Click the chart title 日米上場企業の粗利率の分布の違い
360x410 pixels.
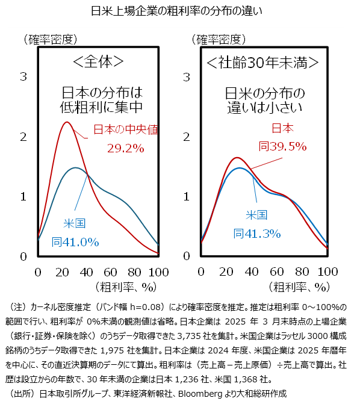tap(176, 11)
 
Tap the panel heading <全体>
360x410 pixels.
tap(98, 61)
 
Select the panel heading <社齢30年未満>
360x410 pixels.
tap(262, 63)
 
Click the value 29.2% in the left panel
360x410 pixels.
tap(125, 149)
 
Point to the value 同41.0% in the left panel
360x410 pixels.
tap(75, 242)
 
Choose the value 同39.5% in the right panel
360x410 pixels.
tap(282, 146)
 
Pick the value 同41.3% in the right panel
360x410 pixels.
tap(257, 234)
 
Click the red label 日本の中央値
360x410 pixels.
tap(126, 129)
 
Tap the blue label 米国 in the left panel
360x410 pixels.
tap(75, 223)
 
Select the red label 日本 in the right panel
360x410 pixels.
tap(282, 128)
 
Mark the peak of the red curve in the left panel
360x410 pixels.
tap(67, 122)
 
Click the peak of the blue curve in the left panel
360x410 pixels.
tap(76, 167)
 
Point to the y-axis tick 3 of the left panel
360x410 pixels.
tap(23, 76)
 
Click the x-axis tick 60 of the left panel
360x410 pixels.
tap(110, 273)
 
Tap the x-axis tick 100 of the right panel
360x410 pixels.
tap(328, 272)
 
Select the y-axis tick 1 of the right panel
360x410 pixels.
tap(187, 197)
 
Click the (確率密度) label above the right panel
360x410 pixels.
tap(219, 40)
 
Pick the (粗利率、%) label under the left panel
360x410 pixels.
tap(126, 287)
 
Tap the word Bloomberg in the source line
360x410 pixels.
tap(200, 394)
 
